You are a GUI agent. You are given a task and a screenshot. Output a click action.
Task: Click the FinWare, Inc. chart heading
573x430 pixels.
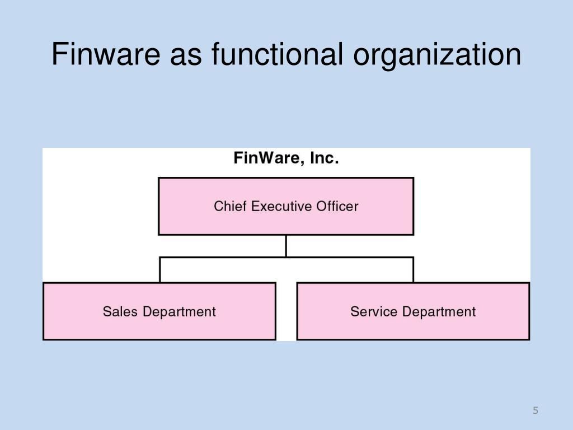[286, 159]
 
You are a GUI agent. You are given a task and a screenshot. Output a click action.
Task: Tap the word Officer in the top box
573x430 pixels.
[337, 207]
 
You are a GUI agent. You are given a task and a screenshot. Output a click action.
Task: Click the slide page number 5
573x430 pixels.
[536, 411]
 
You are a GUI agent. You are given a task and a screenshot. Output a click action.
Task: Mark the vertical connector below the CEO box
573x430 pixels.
[286, 246]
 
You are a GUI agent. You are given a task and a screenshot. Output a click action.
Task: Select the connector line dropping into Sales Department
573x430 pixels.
[160, 270]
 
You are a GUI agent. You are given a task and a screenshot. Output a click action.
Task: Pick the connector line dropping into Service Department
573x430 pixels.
[413, 270]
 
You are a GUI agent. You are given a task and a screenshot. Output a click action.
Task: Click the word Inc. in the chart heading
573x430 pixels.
[325, 159]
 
